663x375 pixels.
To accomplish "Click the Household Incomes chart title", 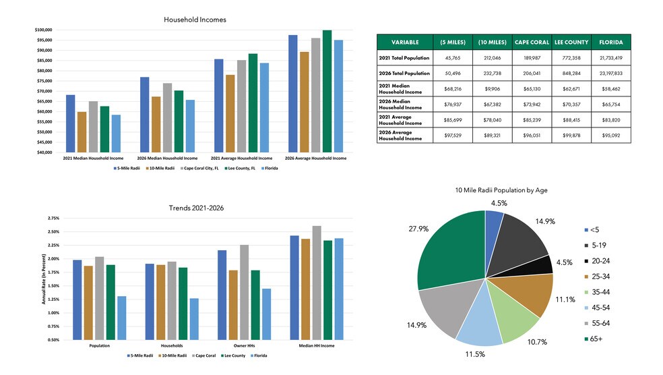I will tap(195, 20).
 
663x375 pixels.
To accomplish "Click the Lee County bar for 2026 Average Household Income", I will tap(327, 91).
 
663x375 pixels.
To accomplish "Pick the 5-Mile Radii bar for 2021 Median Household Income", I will tap(70, 123).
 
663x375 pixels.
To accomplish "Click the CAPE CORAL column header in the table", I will tap(532, 42).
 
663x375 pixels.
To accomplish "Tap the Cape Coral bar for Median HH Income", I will tap(317, 283).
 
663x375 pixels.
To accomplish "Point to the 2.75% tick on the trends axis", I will tap(53, 219).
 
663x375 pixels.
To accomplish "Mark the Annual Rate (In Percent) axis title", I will tap(44, 279).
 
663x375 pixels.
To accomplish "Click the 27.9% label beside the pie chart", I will tap(400, 229).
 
